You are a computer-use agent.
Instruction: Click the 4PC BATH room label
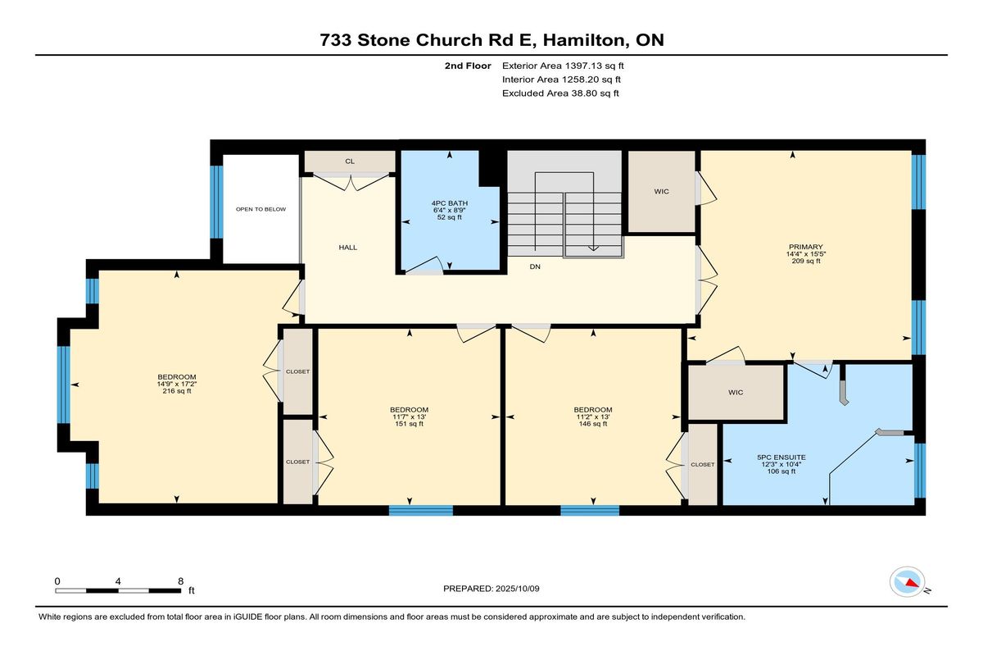tap(450, 203)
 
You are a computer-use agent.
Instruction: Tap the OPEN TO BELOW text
tap(260, 209)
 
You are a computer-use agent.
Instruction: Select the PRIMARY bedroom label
tap(806, 247)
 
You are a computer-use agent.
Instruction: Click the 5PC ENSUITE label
tap(781, 457)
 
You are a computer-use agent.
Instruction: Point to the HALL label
tap(347, 248)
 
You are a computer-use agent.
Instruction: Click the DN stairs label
tap(535, 266)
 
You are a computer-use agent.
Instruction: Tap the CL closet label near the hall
tap(350, 162)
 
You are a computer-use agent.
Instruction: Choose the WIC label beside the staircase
tap(661, 192)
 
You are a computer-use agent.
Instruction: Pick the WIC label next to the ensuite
tap(736, 392)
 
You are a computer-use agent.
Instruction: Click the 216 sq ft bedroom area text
tap(177, 391)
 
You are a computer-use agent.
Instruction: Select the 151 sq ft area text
tap(409, 424)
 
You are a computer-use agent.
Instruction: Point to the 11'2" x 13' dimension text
tap(593, 416)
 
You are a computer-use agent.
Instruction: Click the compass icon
tap(907, 581)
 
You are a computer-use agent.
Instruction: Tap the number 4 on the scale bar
tap(118, 581)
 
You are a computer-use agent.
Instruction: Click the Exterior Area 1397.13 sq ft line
tap(563, 66)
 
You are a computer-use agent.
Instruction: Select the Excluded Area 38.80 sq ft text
tap(560, 93)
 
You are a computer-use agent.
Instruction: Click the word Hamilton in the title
tap(583, 40)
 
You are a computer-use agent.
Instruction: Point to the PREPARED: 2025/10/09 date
tap(491, 589)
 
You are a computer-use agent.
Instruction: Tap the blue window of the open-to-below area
tap(216, 202)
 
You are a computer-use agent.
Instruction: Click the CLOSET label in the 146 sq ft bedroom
tap(703, 465)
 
